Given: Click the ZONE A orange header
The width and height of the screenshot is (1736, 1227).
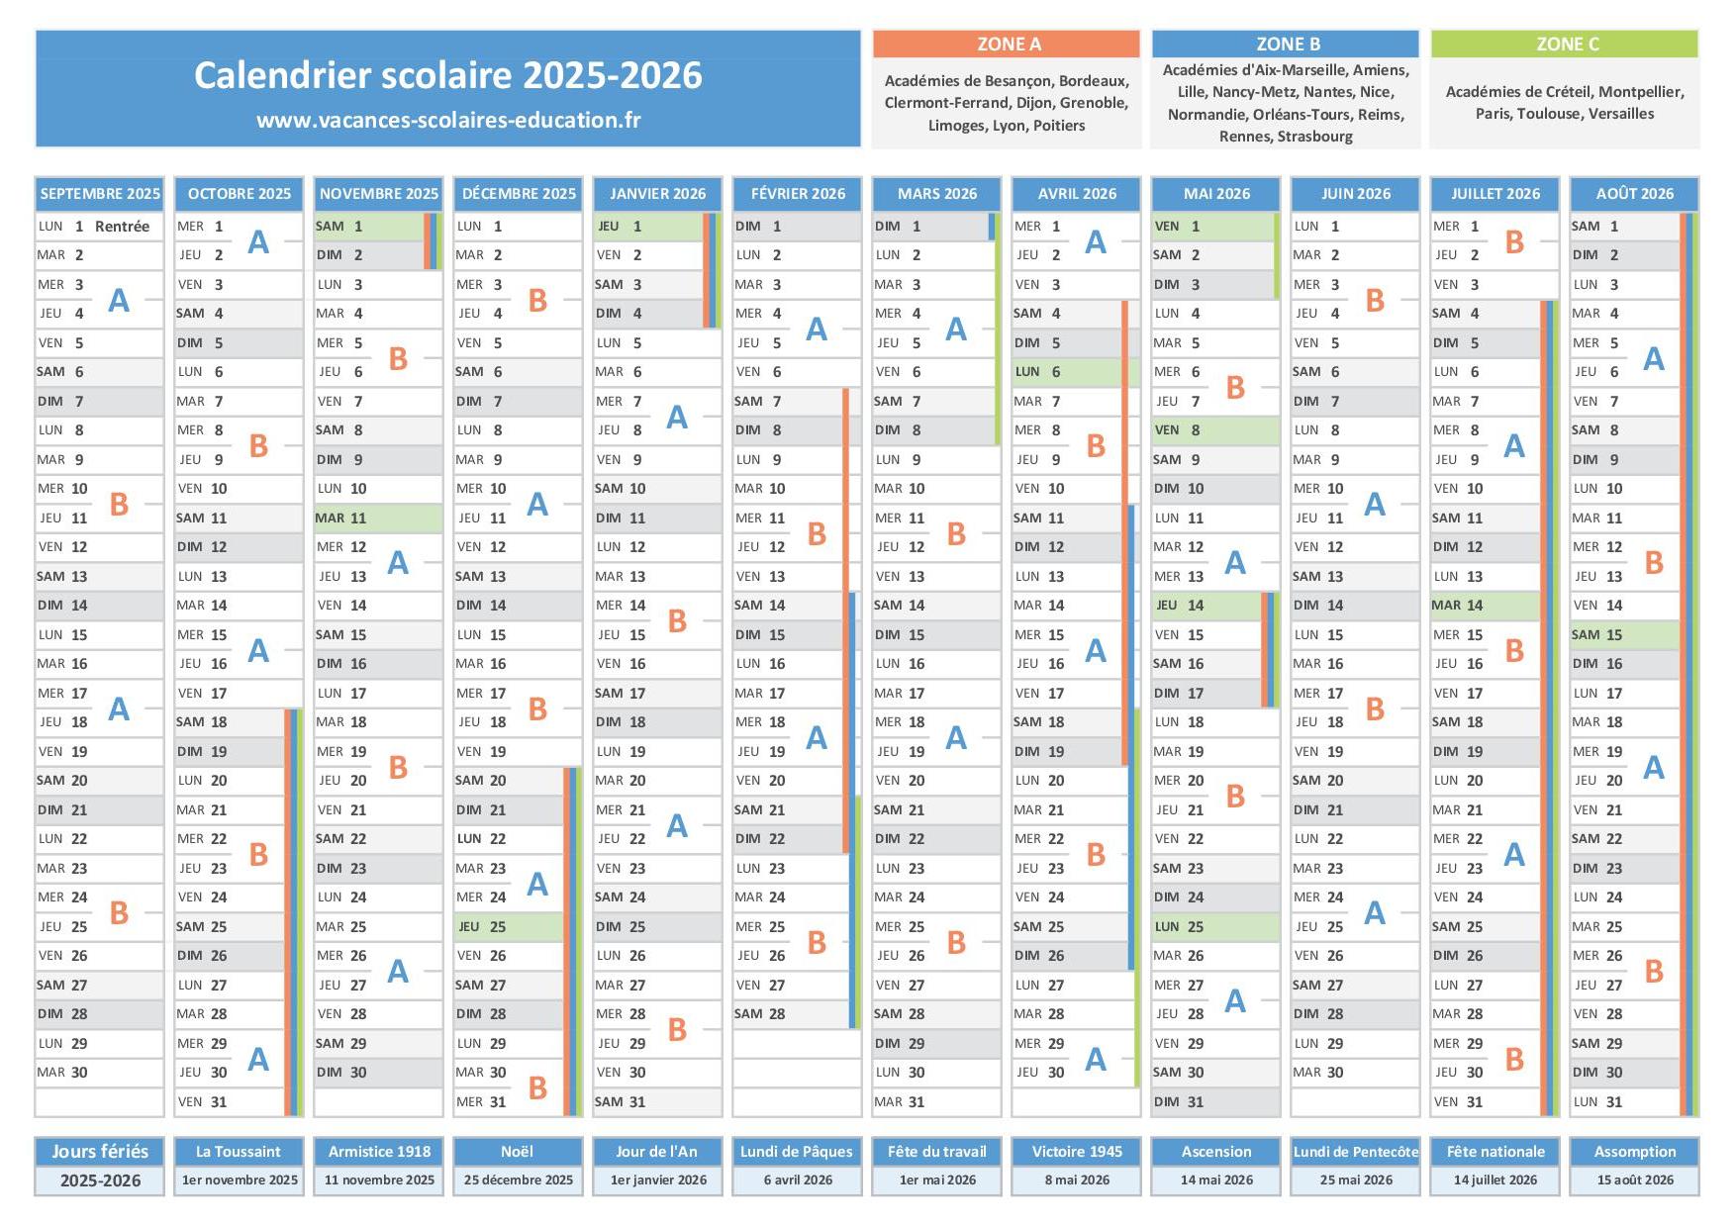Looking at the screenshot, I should pyautogui.click(x=1007, y=44).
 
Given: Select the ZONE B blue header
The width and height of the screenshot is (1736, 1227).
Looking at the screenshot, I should pyautogui.click(x=1286, y=44).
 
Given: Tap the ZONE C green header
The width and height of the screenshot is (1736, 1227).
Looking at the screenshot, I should pyautogui.click(x=1565, y=44).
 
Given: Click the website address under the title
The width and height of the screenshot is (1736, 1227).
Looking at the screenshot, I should pyautogui.click(x=448, y=120).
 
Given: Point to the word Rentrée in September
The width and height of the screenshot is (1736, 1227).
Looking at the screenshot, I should pyautogui.click(x=122, y=227).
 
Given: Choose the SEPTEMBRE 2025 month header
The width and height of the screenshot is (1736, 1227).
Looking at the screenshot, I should pyautogui.click(x=100, y=194).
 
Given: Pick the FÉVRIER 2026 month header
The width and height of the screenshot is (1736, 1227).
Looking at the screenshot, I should pyautogui.click(x=798, y=194).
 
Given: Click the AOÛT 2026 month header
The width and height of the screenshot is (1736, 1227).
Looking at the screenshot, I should pyautogui.click(x=1634, y=194).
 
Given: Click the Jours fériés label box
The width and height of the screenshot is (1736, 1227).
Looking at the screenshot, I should pyautogui.click(x=100, y=1152).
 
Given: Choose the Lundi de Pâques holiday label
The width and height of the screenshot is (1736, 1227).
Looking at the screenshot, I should pyautogui.click(x=798, y=1152).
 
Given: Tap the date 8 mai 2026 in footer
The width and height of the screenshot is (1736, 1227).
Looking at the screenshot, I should pyautogui.click(x=1077, y=1180).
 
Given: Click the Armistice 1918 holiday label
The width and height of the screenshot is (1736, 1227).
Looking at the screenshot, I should pyautogui.click(x=379, y=1152).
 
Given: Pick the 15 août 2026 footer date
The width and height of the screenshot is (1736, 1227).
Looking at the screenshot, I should pyautogui.click(x=1634, y=1180).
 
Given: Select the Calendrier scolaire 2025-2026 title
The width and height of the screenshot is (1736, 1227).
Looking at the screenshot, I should pyautogui.click(x=448, y=75).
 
